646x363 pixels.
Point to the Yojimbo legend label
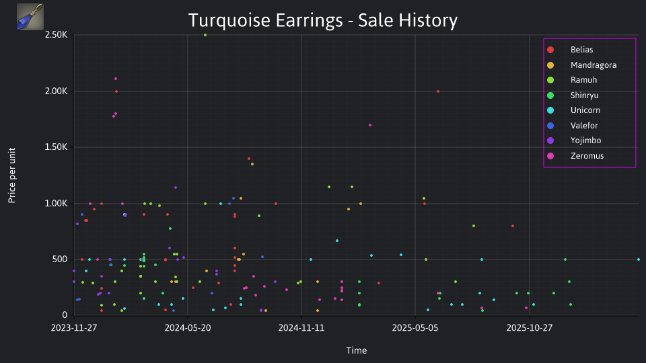pos(585,140)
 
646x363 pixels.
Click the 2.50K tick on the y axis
pos(56,34)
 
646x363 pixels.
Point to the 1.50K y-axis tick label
pos(56,147)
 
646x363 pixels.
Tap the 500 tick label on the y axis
pos(59,259)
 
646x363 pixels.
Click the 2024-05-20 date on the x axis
pos(188,328)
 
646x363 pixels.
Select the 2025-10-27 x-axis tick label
pos(530,328)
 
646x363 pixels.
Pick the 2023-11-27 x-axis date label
pos(74,328)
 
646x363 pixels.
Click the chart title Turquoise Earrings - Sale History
pos(323,20)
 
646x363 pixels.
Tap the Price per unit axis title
pos(12,175)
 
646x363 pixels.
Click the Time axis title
pos(357,351)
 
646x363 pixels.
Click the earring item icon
pos(30,17)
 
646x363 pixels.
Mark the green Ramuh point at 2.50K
pos(205,35)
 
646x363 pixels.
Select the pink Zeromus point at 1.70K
pos(370,125)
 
